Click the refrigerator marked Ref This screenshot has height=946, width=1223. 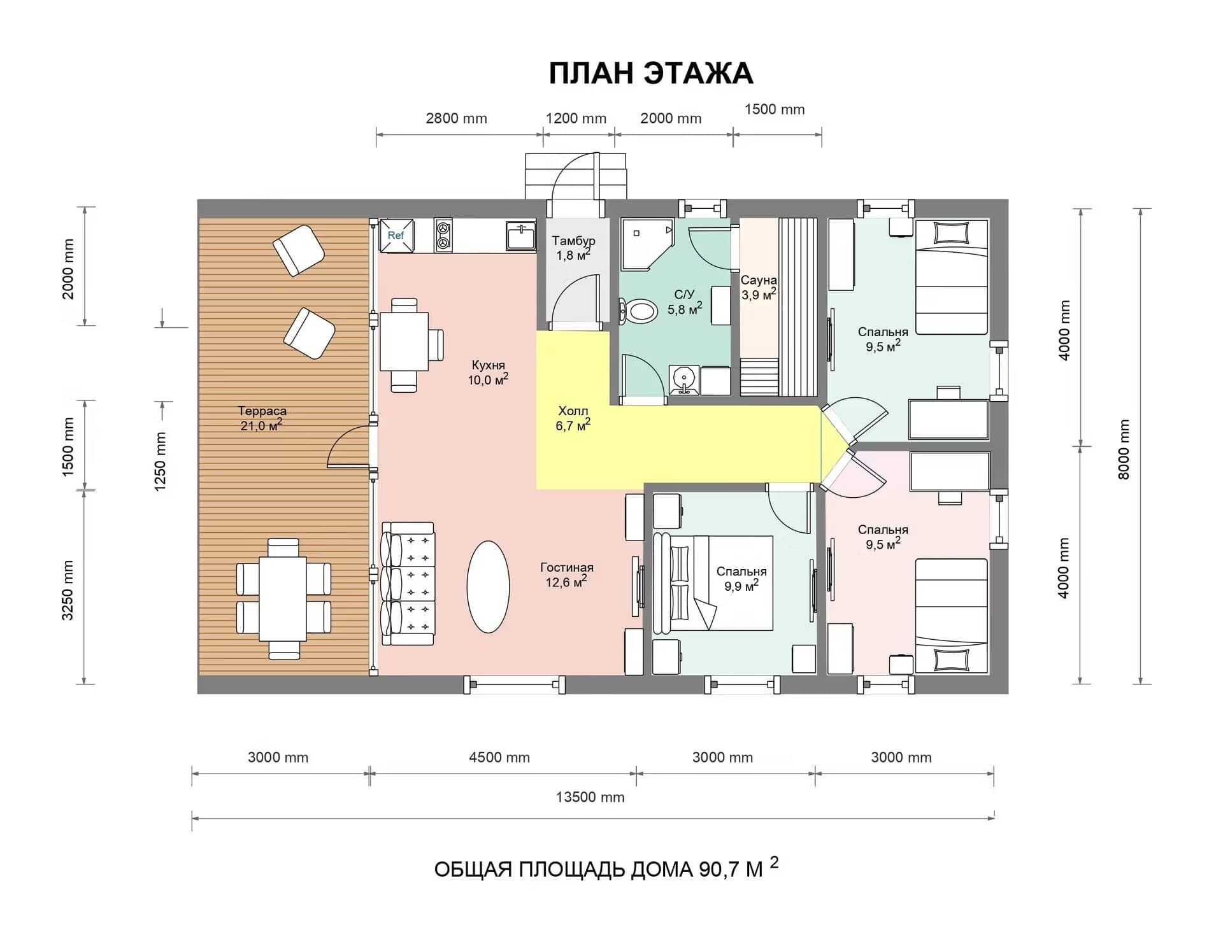point(396,236)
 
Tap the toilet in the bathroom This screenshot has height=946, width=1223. point(639,311)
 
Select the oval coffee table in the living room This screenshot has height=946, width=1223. point(488,586)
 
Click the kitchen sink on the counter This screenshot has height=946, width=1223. point(521,235)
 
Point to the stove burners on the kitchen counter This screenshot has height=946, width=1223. point(443,235)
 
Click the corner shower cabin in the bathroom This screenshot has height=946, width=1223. point(647,245)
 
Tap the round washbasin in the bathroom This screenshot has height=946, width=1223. point(684,380)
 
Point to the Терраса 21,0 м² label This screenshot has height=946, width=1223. point(262,418)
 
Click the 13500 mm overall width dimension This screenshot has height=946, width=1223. point(590,797)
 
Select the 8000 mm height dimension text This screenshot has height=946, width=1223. point(1124,449)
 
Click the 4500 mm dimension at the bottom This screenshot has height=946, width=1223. point(499,758)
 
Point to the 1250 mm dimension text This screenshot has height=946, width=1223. point(160,462)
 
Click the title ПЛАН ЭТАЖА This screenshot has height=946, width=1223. point(651,73)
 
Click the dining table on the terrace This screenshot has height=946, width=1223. point(283,598)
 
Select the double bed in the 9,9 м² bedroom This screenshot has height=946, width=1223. point(713,582)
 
